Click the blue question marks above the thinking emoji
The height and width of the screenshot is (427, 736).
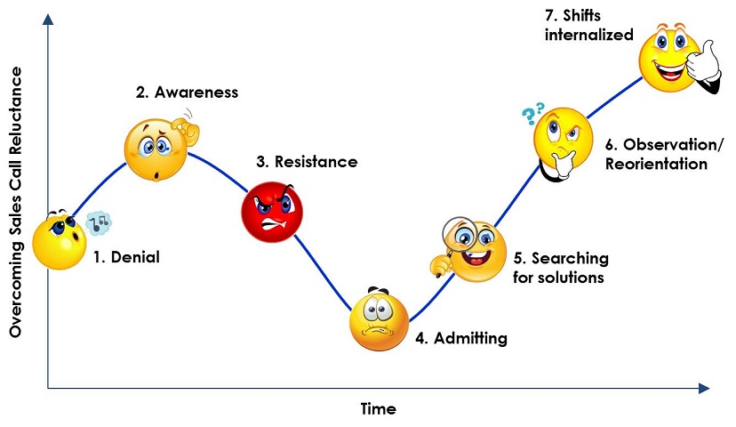point(532,113)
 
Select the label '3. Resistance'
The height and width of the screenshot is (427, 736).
point(307,162)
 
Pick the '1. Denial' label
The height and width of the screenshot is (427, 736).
point(126,258)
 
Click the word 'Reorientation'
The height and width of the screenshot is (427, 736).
point(656,164)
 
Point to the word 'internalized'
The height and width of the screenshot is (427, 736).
point(589,36)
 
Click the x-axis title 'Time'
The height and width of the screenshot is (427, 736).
point(378,409)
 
